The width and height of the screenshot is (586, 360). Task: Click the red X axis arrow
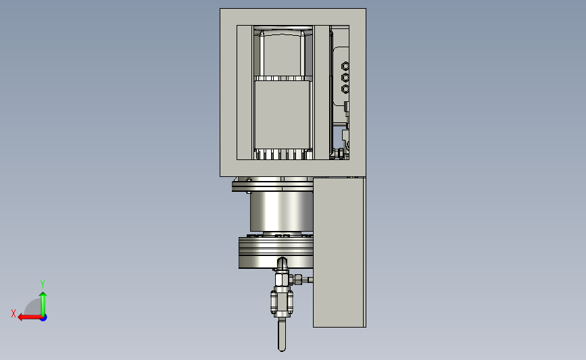30,317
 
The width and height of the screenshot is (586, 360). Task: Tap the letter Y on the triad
42,284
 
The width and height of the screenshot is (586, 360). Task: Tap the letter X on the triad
14,313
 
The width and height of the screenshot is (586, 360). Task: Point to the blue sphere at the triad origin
44,317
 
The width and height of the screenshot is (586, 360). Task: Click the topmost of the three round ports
345,66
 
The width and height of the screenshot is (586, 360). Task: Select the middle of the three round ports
345,78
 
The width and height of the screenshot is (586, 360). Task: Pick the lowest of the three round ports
345,89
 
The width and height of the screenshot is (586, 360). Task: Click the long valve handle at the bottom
282,334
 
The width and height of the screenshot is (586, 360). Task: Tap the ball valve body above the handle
282,301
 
